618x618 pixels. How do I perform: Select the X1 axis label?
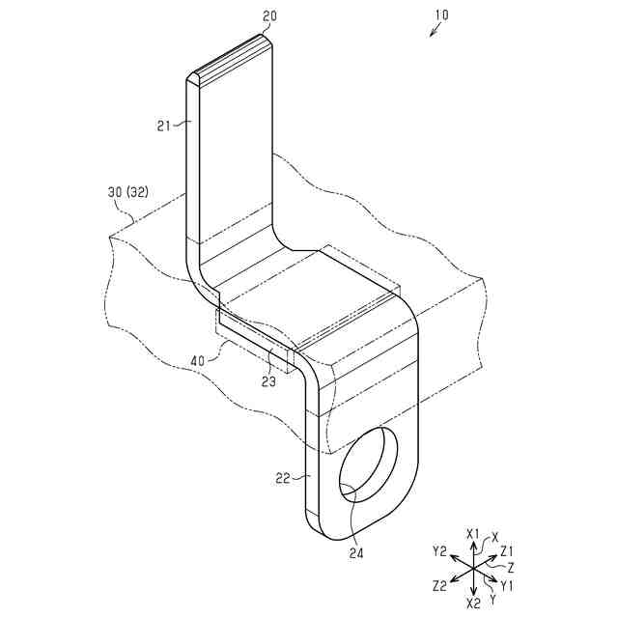(x=472, y=533)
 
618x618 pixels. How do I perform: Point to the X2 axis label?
(x=473, y=603)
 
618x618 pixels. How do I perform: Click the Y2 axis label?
(x=439, y=551)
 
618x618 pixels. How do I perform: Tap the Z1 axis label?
(x=507, y=550)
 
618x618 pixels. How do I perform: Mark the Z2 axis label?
(x=439, y=585)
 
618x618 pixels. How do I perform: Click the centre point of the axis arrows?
(x=473, y=569)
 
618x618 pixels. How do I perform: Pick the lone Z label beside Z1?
(x=511, y=568)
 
